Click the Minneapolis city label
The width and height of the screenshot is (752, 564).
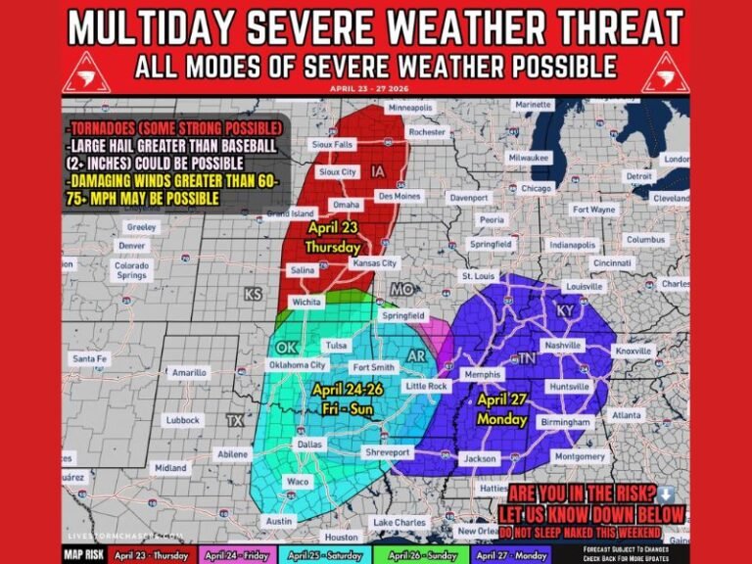click(x=410, y=107)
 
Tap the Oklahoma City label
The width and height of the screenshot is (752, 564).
click(x=297, y=365)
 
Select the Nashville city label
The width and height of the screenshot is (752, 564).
click(x=564, y=346)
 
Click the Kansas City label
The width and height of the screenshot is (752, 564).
click(x=376, y=263)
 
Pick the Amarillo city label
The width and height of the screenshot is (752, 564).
click(x=189, y=373)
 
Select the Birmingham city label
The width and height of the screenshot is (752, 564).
click(x=564, y=422)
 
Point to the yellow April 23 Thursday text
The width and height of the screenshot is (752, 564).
click(x=333, y=239)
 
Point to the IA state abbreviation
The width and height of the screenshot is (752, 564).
click(x=378, y=171)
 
